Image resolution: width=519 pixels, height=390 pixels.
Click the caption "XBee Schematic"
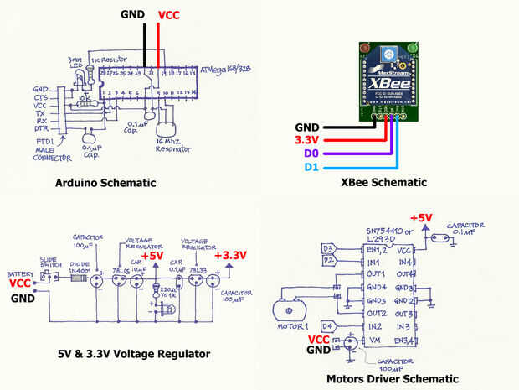click(x=384, y=182)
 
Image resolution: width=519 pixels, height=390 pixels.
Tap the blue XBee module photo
click(x=385, y=80)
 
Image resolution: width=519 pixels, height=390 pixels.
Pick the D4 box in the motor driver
click(x=328, y=325)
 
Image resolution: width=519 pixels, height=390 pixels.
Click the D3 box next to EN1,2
click(x=328, y=249)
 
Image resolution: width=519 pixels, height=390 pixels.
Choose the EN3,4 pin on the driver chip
click(x=405, y=339)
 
